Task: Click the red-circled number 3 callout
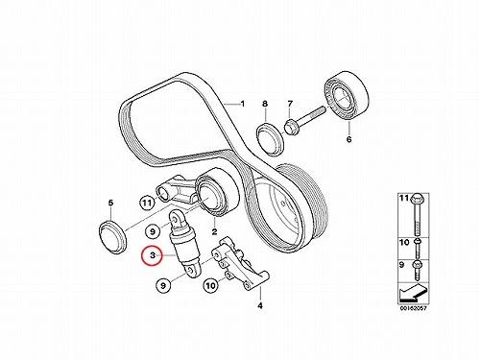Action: [x=153, y=255]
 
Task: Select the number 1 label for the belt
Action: [x=243, y=104]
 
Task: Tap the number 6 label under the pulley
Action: [x=348, y=139]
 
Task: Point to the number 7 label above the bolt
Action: [x=290, y=104]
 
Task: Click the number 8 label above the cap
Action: [x=265, y=104]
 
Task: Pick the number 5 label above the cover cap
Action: [x=110, y=203]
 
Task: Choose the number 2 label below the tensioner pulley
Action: [x=214, y=231]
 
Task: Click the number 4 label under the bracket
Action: [x=260, y=305]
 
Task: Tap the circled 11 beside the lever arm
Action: [x=147, y=203]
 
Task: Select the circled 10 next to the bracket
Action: [x=210, y=285]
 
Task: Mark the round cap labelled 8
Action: [x=271, y=137]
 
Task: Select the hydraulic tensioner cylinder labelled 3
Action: [x=184, y=244]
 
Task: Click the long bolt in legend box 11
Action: [x=417, y=214]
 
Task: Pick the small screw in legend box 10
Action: [x=417, y=248]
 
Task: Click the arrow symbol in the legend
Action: [x=413, y=292]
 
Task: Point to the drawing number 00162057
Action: [x=413, y=308]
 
